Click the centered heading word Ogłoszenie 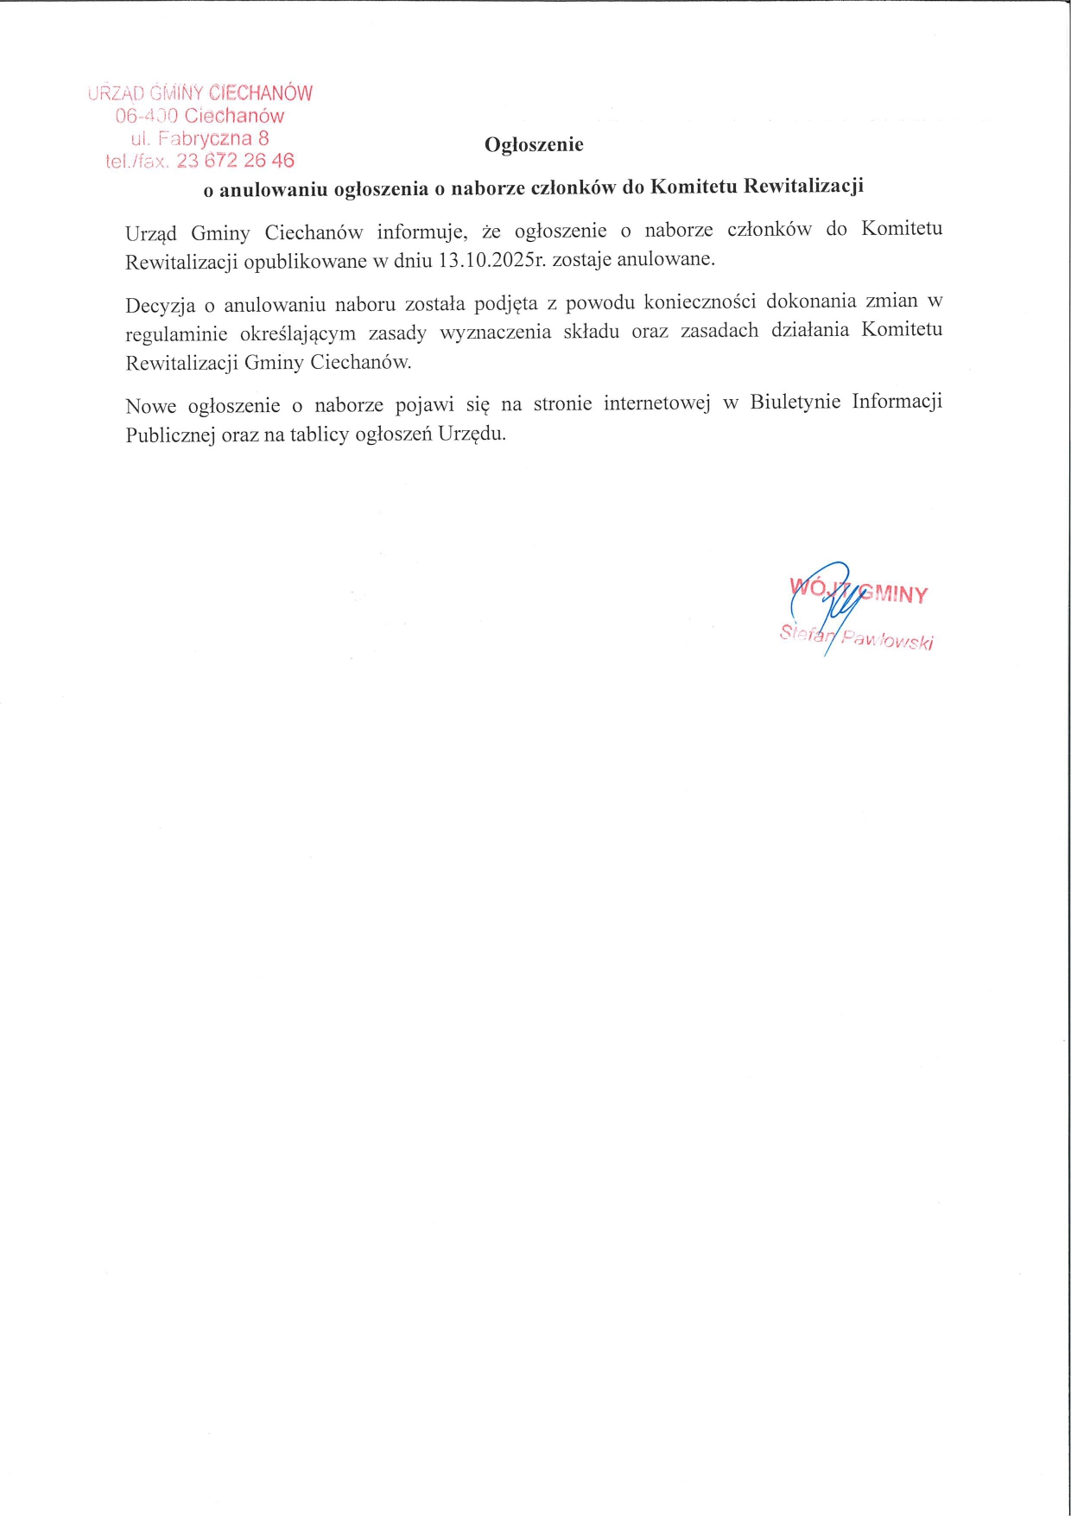point(534,145)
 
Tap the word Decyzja point(160,306)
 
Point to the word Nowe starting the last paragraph point(150,407)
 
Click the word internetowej point(656,403)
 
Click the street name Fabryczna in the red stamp point(206,138)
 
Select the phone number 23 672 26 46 point(235,161)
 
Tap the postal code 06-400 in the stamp point(147,116)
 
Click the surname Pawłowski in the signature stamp point(887,640)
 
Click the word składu point(591,333)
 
